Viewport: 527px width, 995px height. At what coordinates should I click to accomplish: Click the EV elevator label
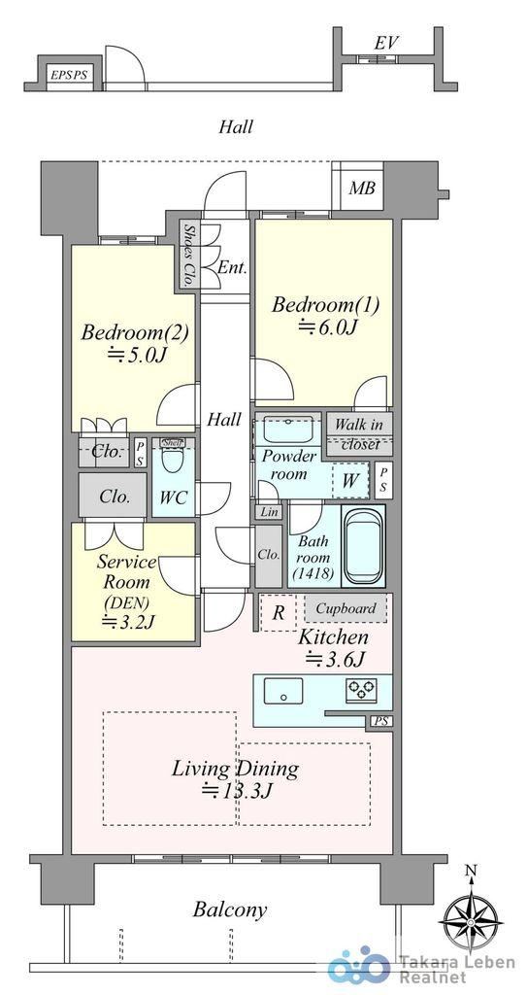tap(385, 43)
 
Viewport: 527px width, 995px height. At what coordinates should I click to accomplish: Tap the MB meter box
tap(362, 189)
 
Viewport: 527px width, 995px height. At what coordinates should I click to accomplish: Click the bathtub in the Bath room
tap(363, 545)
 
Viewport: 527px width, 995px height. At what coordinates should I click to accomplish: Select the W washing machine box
tap(350, 481)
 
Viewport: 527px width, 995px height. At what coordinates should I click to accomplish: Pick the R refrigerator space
tap(278, 613)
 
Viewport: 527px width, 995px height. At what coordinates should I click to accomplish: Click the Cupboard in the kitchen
tap(345, 608)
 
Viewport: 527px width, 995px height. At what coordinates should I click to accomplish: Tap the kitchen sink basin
tap(282, 691)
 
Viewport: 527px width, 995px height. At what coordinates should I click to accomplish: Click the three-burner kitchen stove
tap(361, 690)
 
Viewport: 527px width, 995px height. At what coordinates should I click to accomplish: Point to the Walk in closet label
tap(358, 434)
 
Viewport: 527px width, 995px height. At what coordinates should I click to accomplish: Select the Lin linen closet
tap(269, 512)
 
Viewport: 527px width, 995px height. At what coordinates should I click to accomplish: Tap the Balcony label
tap(230, 910)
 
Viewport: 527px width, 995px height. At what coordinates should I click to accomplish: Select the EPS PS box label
tap(69, 75)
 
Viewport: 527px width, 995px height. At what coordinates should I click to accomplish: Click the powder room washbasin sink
tap(288, 431)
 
